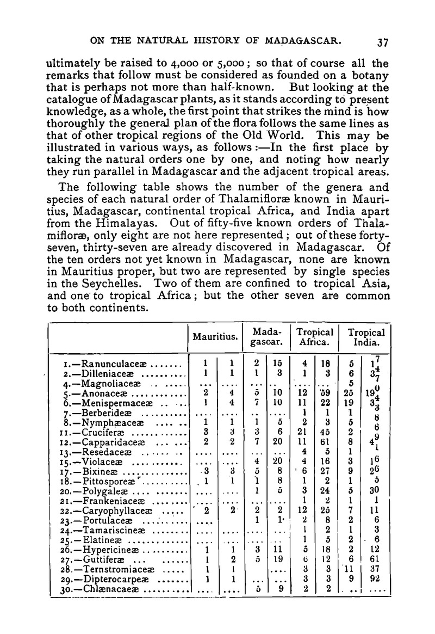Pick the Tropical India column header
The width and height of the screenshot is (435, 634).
coord(366,337)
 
